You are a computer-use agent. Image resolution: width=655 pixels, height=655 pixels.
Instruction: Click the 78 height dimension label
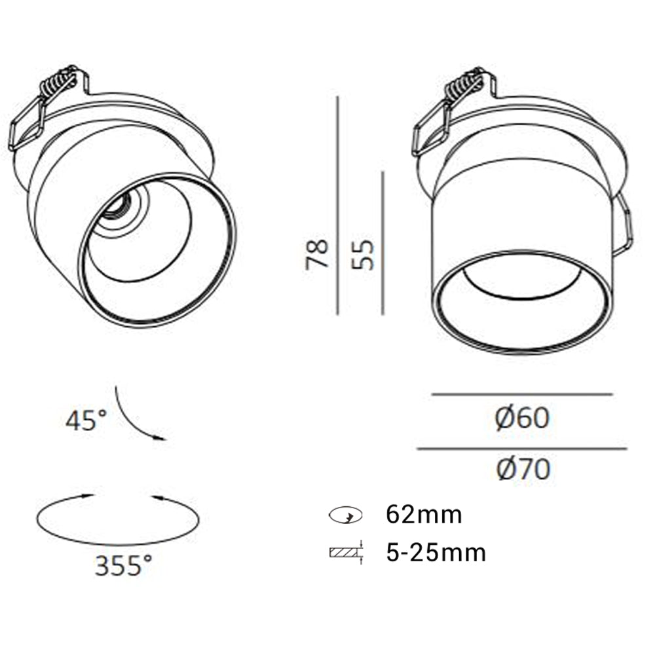pyautogui.click(x=317, y=254)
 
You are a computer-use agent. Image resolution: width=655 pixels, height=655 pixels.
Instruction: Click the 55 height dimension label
pyautogui.click(x=363, y=254)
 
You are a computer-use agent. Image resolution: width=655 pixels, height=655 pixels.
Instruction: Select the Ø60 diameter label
pyautogui.click(x=522, y=418)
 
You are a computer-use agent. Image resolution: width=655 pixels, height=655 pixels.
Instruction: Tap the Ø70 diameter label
pyautogui.click(x=523, y=469)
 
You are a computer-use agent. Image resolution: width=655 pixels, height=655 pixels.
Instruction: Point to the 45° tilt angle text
pyautogui.click(x=86, y=420)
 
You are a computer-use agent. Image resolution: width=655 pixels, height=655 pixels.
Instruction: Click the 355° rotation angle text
pyautogui.click(x=124, y=566)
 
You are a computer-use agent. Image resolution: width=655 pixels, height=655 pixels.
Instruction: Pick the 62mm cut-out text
pyautogui.click(x=424, y=514)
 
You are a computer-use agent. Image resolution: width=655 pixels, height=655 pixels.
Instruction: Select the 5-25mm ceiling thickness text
pyautogui.click(x=436, y=553)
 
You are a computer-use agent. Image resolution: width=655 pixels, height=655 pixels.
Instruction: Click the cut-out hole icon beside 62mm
pyautogui.click(x=345, y=515)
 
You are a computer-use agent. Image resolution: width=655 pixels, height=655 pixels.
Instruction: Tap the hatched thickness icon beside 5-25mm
pyautogui.click(x=346, y=553)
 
